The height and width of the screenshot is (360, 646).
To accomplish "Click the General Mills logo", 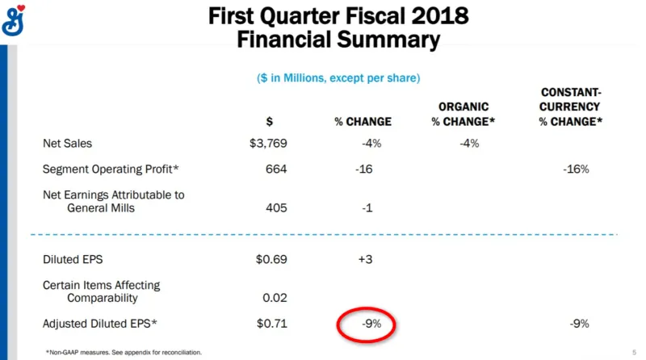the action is pyautogui.click(x=13, y=21).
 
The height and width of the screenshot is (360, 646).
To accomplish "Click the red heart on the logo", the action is pyautogui.click(x=21, y=8).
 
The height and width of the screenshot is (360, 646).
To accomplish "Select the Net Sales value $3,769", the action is pyautogui.click(x=268, y=144).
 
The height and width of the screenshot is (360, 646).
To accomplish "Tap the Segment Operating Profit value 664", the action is pyautogui.click(x=276, y=169).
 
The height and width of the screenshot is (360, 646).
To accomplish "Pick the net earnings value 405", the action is pyautogui.click(x=276, y=207).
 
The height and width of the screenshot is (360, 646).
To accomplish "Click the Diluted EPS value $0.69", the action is pyautogui.click(x=271, y=259).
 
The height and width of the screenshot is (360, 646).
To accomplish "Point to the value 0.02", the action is pyautogui.click(x=275, y=297).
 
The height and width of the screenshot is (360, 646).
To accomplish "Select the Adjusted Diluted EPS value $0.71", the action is pyautogui.click(x=272, y=324).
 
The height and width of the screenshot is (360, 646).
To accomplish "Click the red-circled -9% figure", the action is pyautogui.click(x=371, y=324).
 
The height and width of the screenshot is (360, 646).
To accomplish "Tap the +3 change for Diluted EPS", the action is pyautogui.click(x=366, y=259).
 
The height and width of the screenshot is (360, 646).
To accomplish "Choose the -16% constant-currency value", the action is pyautogui.click(x=576, y=169).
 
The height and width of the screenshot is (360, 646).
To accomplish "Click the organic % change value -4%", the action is pyautogui.click(x=469, y=144).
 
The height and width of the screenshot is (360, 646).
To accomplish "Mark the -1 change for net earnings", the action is pyautogui.click(x=367, y=207).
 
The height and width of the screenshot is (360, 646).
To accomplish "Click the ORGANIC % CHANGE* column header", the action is pyautogui.click(x=463, y=114).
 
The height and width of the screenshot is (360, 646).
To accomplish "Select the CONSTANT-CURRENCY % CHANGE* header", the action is pyautogui.click(x=571, y=107).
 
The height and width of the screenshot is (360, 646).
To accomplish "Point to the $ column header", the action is pyautogui.click(x=270, y=122).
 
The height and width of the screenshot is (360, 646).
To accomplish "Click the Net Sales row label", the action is pyautogui.click(x=68, y=144).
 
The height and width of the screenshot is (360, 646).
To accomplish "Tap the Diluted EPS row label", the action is pyautogui.click(x=73, y=259).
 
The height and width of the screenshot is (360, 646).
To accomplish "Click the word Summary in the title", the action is pyautogui.click(x=388, y=40).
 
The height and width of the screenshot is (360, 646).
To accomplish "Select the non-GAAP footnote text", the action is pyautogui.click(x=124, y=352).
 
